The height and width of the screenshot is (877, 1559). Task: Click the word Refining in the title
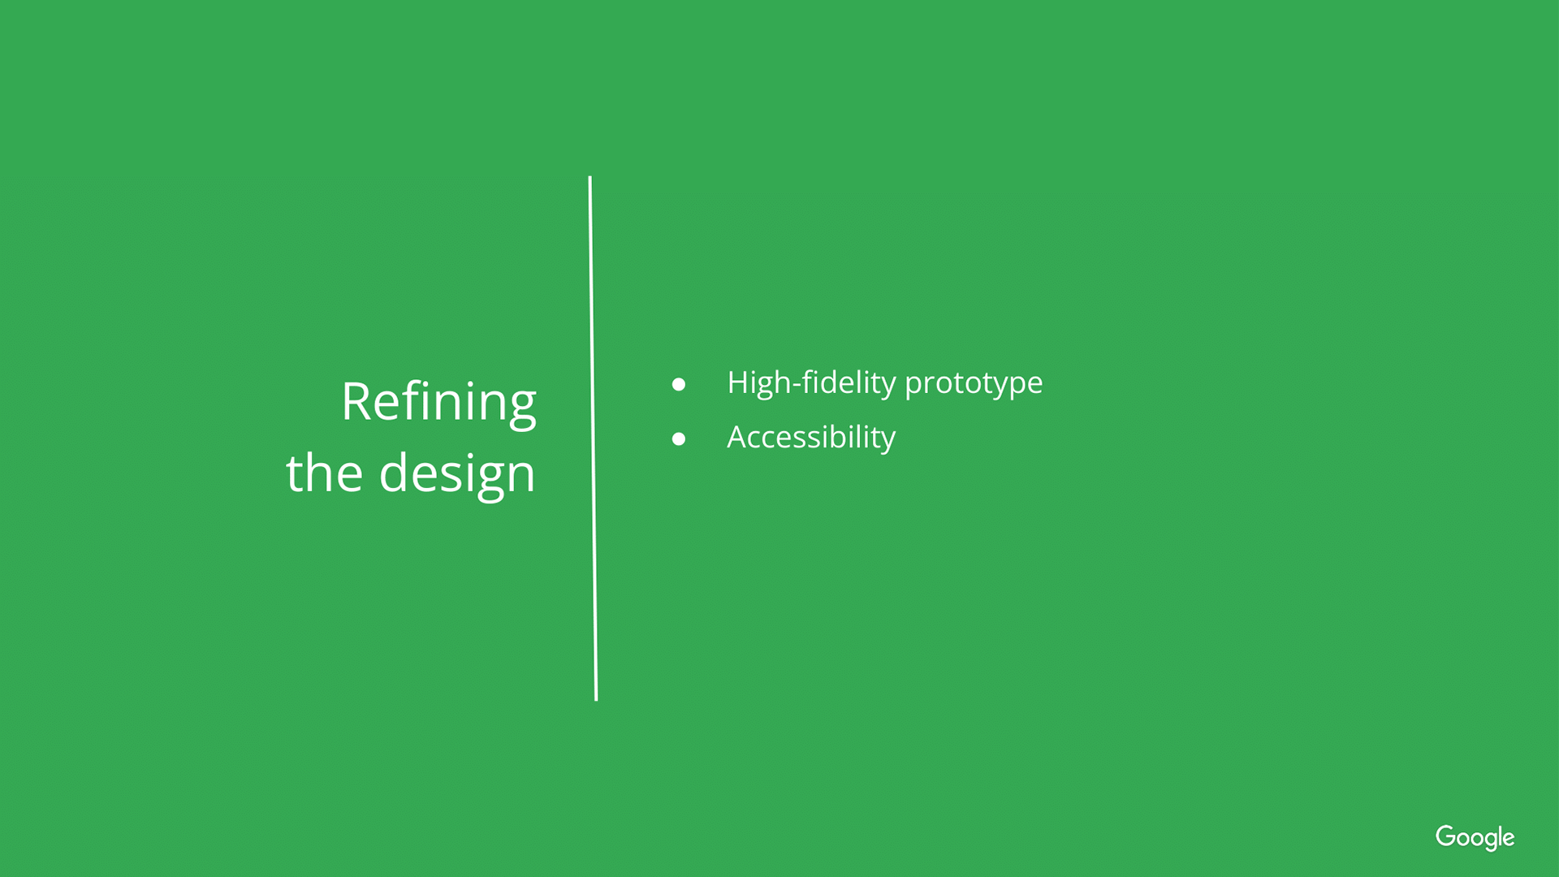[438, 404]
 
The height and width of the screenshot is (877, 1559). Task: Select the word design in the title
[457, 475]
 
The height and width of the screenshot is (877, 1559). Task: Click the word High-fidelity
[811, 382]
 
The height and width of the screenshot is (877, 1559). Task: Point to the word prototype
[974, 384]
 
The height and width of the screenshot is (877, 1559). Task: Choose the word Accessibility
[811, 438]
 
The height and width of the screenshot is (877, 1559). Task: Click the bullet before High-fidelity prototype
[679, 384]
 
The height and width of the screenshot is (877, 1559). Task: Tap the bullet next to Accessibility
[679, 439]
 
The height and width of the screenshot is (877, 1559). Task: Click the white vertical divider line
[593, 438]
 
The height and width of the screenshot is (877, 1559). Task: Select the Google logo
[1475, 837]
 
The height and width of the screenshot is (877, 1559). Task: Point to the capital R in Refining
[357, 402]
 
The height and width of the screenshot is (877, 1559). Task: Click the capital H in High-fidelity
[740, 382]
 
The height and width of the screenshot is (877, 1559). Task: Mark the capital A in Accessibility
[739, 437]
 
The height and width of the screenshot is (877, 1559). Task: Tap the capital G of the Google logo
[1447, 836]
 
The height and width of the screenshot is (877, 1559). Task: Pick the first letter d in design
[395, 473]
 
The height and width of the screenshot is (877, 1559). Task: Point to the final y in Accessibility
[887, 442]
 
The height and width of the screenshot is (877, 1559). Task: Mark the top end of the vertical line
[589, 176]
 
